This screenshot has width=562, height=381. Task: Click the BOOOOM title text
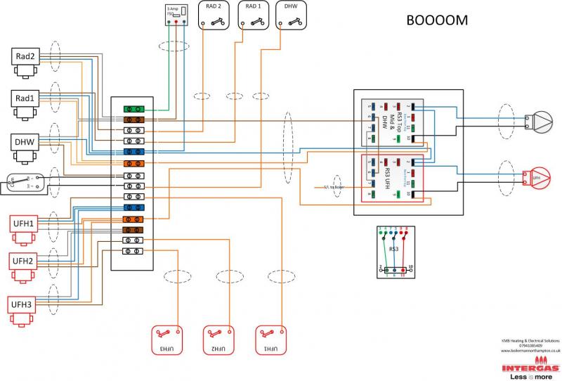(437, 20)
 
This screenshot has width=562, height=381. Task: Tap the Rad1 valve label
(25, 98)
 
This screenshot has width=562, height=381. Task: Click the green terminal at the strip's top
(134, 110)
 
